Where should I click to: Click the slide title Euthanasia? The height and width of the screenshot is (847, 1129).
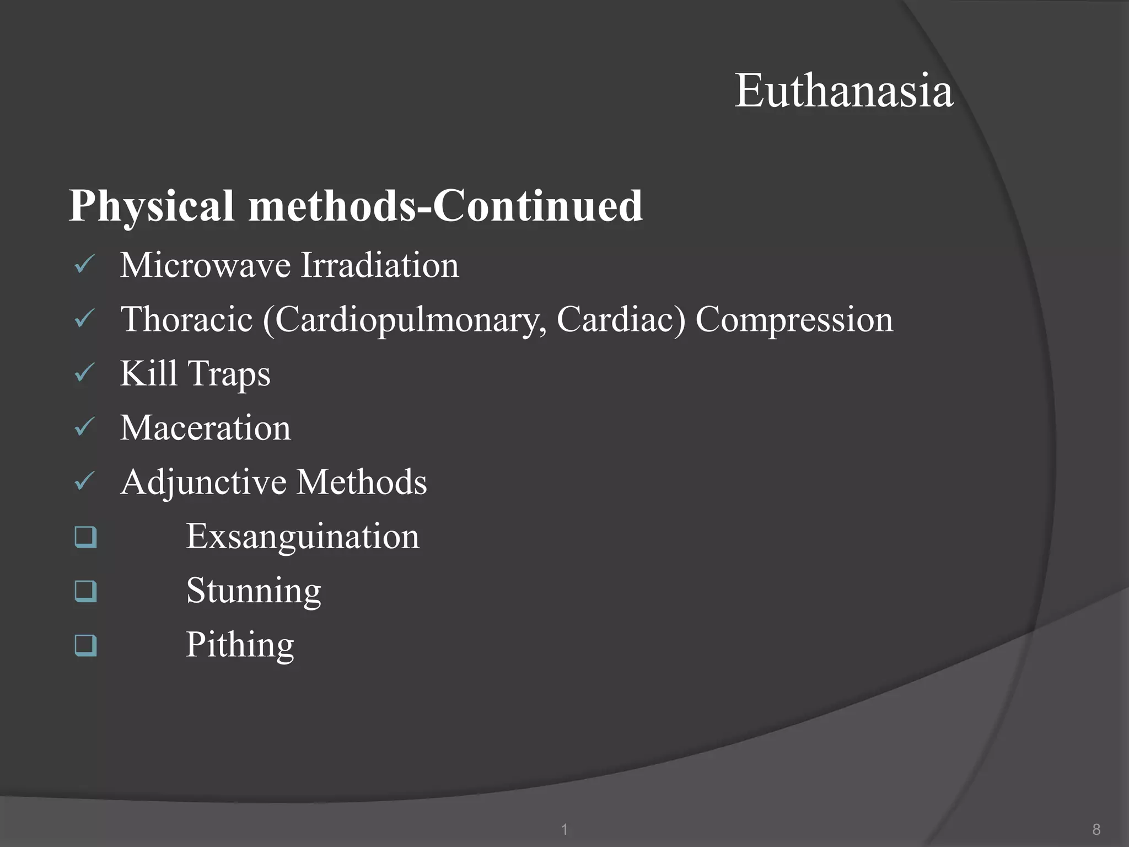pyautogui.click(x=843, y=90)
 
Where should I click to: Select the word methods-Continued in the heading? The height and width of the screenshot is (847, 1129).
pyautogui.click(x=445, y=205)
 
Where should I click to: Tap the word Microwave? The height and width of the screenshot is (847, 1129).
pyautogui.click(x=205, y=265)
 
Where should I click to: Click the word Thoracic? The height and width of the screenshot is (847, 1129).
pyautogui.click(x=186, y=319)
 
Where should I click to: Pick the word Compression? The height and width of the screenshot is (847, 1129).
pyautogui.click(x=794, y=320)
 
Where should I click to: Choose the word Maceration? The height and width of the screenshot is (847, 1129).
pyautogui.click(x=205, y=428)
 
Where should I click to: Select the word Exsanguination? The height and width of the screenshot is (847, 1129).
pyautogui.click(x=303, y=537)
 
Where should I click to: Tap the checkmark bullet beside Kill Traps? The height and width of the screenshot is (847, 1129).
pyautogui.click(x=85, y=373)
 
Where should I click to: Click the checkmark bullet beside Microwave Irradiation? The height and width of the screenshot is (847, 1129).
pyautogui.click(x=85, y=265)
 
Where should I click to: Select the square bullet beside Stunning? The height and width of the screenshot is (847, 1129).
pyautogui.click(x=86, y=591)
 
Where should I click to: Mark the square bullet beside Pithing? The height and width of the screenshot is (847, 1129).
pyautogui.click(x=86, y=645)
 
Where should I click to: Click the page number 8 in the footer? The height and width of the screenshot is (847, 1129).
pyautogui.click(x=1096, y=829)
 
